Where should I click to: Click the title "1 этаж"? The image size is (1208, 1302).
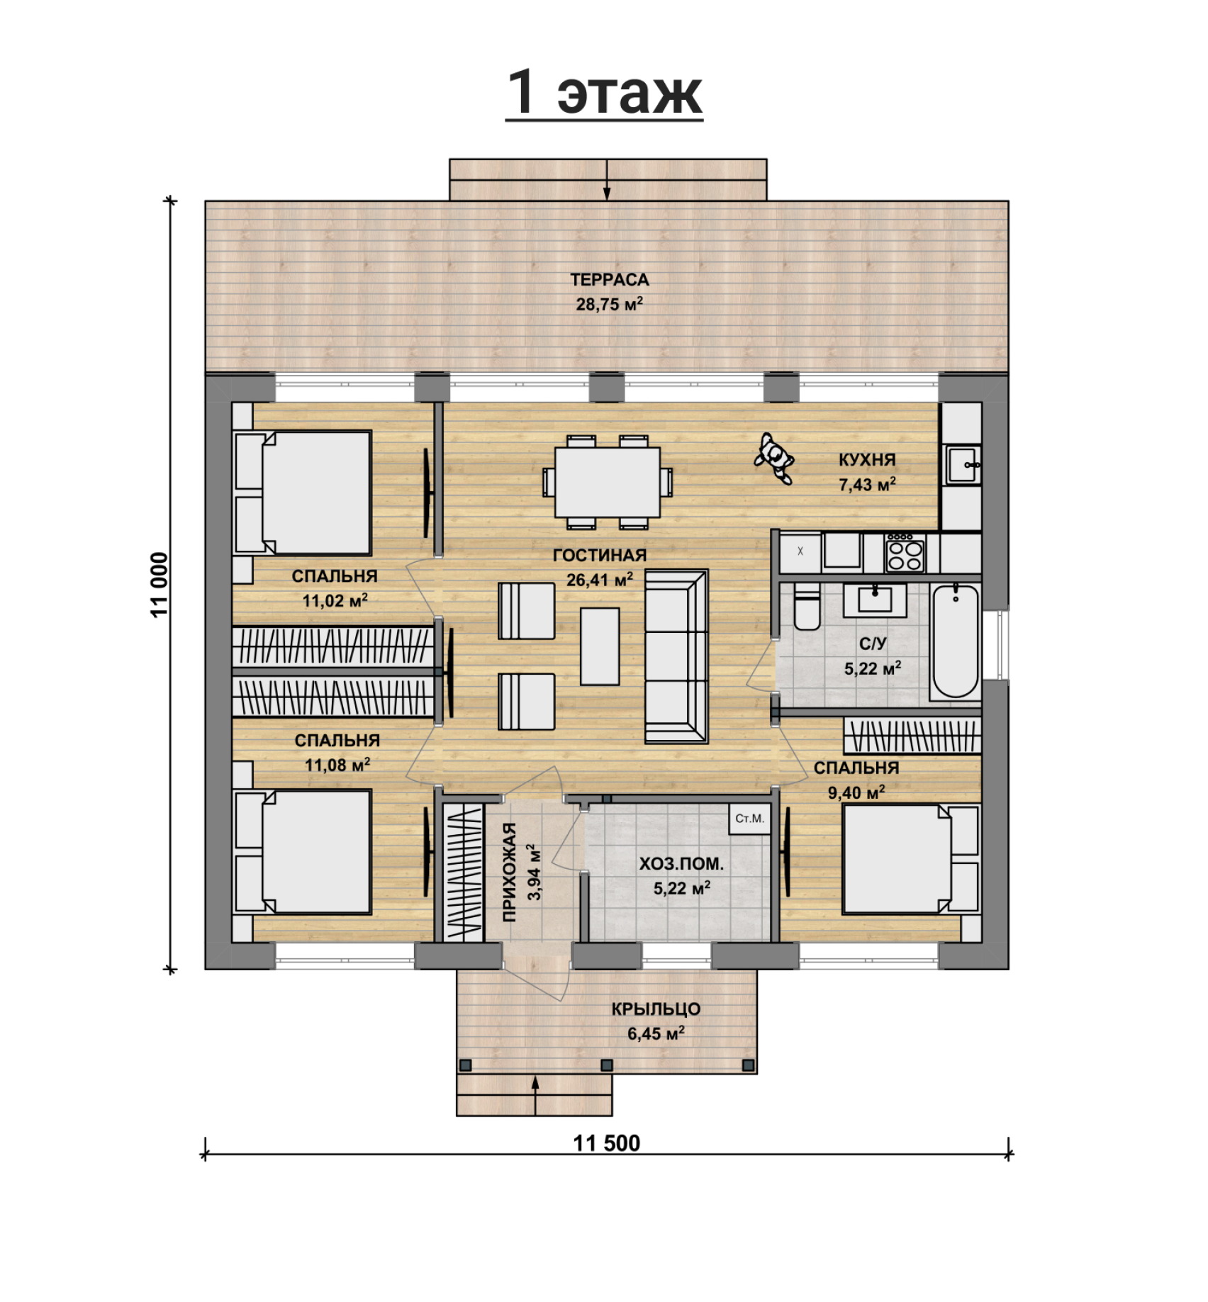[604, 94]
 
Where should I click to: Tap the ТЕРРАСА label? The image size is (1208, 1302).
[610, 280]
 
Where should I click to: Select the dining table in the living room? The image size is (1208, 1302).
[608, 482]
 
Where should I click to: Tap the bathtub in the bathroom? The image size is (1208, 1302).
[956, 641]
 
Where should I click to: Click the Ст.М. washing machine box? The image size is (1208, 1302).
[749, 818]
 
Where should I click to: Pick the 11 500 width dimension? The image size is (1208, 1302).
[607, 1143]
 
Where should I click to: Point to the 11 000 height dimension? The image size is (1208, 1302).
[160, 585]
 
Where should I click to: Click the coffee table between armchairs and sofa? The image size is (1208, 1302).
[600, 646]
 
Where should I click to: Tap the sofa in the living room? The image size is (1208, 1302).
[676, 656]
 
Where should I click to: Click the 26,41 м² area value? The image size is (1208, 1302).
[600, 580]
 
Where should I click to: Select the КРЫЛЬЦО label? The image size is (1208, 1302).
[656, 1009]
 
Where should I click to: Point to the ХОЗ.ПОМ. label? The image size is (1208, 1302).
[681, 864]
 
